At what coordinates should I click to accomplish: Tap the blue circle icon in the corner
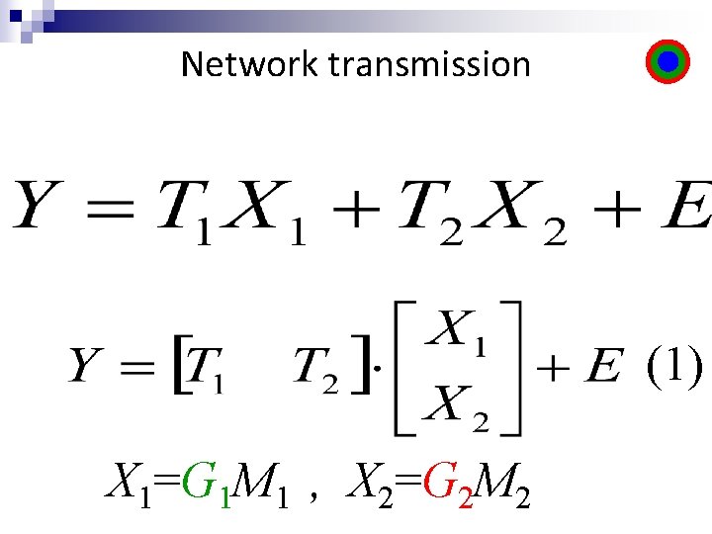(x=667, y=62)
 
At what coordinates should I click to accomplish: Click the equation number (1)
(x=675, y=367)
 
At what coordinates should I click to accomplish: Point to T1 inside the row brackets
(x=207, y=372)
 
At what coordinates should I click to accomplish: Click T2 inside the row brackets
(x=317, y=372)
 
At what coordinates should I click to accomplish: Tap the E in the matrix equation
(x=602, y=370)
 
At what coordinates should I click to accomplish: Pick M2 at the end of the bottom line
(x=504, y=485)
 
